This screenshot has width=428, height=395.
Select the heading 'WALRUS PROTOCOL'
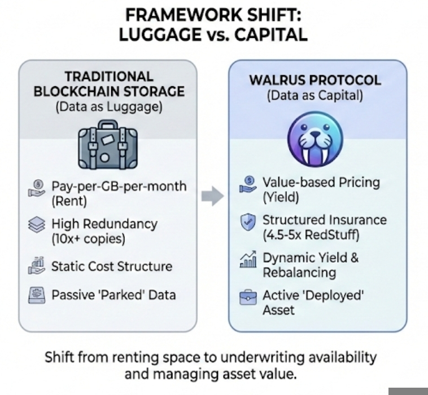pos(315,79)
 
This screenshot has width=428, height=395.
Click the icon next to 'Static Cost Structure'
pos(36,265)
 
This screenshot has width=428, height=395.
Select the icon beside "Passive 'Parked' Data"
pos(36,294)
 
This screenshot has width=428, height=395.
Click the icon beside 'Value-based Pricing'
pos(247,185)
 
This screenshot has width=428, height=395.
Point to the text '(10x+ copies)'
pos(88,238)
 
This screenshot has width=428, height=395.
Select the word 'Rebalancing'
pos(299,273)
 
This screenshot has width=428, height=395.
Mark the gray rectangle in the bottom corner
pos(408,391)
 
